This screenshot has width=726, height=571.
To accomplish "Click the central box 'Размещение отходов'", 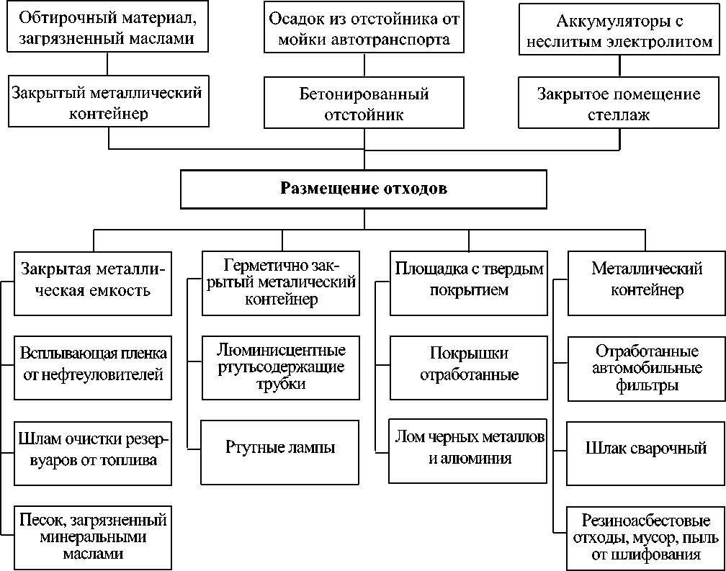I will [364, 189].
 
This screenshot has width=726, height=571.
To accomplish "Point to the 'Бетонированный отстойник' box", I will [363, 102].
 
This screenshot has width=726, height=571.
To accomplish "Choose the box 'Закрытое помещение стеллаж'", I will [619, 102].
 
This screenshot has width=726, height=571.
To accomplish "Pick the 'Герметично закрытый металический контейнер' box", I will [279, 282].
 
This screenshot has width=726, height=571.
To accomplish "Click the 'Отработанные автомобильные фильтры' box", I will [646, 368].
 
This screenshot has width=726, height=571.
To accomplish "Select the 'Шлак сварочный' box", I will [646, 449].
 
